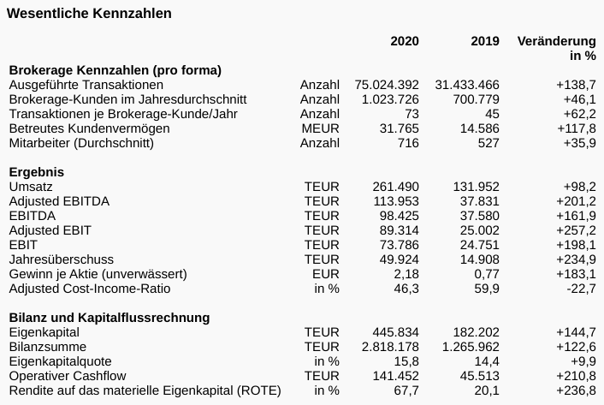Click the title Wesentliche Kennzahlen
click(x=89, y=14)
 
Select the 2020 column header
click(x=405, y=41)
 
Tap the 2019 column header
click(x=485, y=41)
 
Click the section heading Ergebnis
click(x=37, y=172)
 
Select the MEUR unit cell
click(x=321, y=128)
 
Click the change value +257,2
click(x=576, y=230)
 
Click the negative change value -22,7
click(x=580, y=289)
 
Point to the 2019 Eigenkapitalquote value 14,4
click(x=487, y=361)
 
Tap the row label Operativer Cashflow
click(x=68, y=376)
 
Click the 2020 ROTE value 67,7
click(x=406, y=390)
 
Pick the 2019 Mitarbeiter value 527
click(x=489, y=143)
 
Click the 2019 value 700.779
click(x=474, y=99)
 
